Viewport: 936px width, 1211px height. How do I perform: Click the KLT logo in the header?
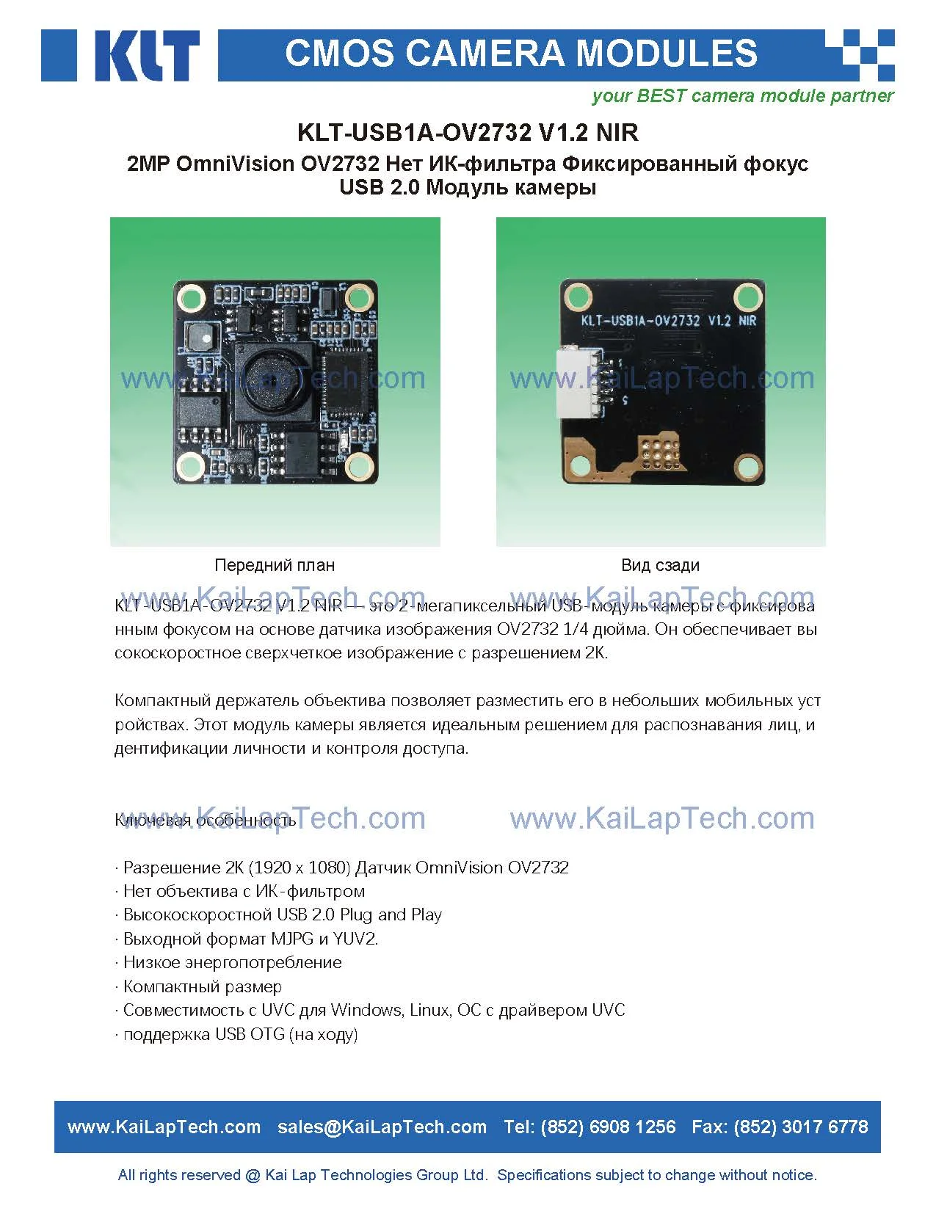point(121,55)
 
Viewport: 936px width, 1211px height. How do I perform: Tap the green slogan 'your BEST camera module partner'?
point(742,96)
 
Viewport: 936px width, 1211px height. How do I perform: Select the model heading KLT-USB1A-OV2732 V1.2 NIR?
point(468,133)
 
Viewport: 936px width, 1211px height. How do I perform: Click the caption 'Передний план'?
point(275,565)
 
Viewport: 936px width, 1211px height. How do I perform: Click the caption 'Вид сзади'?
point(660,565)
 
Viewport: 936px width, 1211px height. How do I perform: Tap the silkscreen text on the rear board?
point(668,321)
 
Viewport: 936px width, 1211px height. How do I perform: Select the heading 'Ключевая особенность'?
point(206,820)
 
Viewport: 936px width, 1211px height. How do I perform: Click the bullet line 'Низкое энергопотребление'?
point(232,962)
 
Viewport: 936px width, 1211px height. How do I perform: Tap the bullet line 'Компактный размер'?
point(202,986)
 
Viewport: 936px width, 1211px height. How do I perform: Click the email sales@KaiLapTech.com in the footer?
point(382,1127)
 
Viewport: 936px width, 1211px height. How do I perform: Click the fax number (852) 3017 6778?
point(800,1127)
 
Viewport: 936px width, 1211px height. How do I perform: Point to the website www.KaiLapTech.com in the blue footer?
point(164,1127)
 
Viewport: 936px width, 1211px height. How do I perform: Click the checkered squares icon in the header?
point(860,55)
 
